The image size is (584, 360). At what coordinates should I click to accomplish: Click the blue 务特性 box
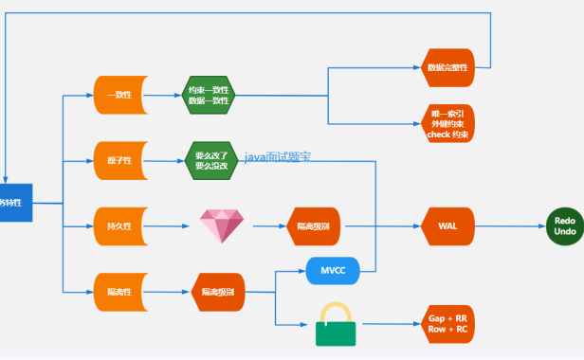point(15,203)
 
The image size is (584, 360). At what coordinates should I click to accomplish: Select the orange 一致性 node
point(119,95)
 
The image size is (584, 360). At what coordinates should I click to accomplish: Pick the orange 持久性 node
point(119,226)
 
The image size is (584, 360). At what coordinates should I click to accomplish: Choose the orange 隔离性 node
point(119,292)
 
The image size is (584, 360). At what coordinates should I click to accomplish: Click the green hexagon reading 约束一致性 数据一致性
point(208,95)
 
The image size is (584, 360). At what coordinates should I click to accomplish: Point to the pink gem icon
point(222,226)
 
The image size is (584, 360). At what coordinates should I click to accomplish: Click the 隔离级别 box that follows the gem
point(314,226)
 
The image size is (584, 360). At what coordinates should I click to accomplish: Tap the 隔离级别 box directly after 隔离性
point(219,292)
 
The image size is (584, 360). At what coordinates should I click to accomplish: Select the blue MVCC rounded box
point(332,270)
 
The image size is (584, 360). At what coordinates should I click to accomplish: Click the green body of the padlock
point(335,333)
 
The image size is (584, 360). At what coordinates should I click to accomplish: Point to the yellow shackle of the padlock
point(335,312)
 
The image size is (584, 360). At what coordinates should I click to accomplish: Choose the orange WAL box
point(447,226)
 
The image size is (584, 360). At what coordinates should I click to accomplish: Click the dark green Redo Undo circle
point(564,226)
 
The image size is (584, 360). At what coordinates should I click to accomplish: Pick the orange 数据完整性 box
point(446,67)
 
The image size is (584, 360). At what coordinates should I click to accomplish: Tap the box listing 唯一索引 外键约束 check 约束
point(447,123)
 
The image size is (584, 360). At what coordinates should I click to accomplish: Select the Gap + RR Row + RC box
point(447,323)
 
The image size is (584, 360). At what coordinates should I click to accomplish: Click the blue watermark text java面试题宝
point(278,156)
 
